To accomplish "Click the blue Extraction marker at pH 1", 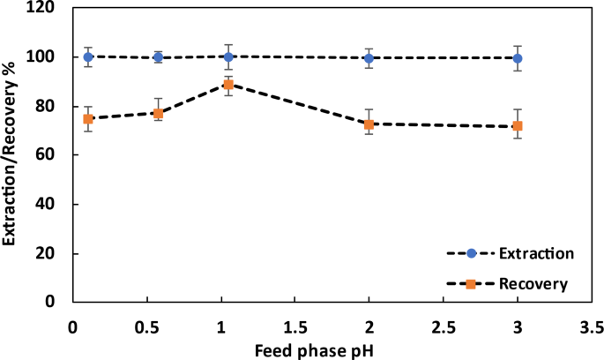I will (x=228, y=56).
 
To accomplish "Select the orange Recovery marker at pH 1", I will (x=228, y=85).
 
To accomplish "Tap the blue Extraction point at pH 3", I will (x=518, y=58).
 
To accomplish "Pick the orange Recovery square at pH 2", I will (x=369, y=124).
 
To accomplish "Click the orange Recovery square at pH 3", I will (x=518, y=126).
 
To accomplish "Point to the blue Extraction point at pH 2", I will (x=369, y=58).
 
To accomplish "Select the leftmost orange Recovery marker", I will (x=88, y=118).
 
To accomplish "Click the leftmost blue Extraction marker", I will (x=88, y=56).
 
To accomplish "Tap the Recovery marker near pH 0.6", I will (x=158, y=113).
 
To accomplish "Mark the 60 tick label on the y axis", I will (x=56, y=155).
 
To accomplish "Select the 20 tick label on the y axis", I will (x=56, y=253).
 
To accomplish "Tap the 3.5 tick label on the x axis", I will (x=592, y=324).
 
